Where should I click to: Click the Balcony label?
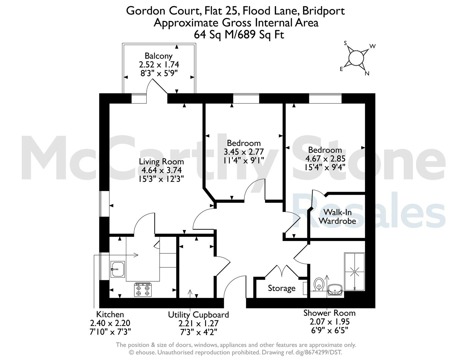coord(158,56)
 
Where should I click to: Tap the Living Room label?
coord(161,161)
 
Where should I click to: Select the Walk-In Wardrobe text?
coord(337,217)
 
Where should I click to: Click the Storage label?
coord(282,288)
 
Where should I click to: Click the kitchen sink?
coord(118,269)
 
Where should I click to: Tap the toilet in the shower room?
coord(319,284)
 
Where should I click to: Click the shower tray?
coord(354,272)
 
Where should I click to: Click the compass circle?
coord(356,58)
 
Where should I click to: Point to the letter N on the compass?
coord(367,74)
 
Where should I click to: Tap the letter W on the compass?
coord(373,46)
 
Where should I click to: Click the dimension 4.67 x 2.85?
coord(325,159)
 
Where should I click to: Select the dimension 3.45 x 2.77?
coord(244,152)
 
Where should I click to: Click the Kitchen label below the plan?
coord(110,314)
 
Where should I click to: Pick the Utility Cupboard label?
coord(198,315)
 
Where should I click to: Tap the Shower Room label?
coord(329,313)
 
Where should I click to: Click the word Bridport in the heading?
coord(323,11)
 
